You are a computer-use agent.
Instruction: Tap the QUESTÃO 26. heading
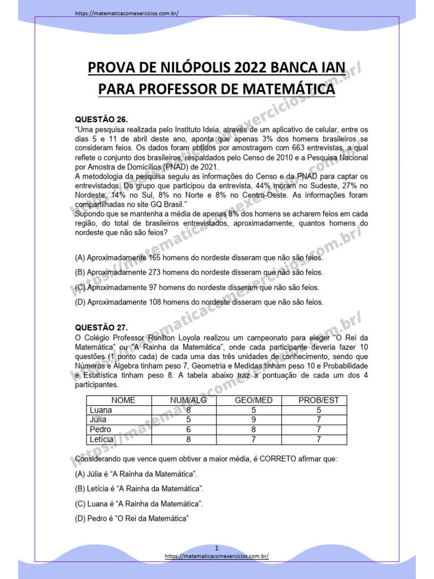point(102,120)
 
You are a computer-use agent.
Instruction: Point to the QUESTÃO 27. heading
point(102,327)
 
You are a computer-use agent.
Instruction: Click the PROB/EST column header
point(319,400)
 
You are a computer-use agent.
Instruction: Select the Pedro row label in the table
point(100,429)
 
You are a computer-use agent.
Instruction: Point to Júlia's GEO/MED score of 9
point(254,420)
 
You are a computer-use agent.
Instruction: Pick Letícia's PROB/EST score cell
point(319,439)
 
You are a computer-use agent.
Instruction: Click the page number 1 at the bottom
point(216,548)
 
